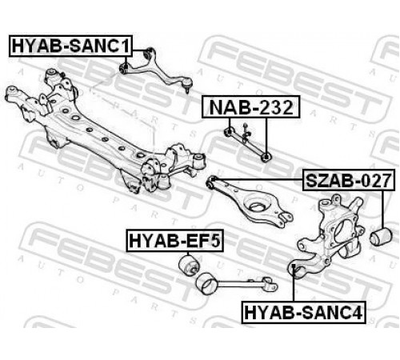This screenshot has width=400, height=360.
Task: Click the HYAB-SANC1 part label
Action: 70,46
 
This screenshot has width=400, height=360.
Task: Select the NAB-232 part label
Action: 251,107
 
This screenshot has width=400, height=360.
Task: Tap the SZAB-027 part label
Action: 349,180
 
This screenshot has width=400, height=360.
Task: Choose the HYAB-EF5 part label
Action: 174,240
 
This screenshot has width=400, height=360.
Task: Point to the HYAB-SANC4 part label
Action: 303,312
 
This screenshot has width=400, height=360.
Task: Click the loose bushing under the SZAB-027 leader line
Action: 382,236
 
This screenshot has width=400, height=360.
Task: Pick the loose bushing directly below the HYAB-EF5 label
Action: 189,264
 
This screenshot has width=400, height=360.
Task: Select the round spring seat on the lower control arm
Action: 258,205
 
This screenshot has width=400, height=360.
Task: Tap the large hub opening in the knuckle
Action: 342,230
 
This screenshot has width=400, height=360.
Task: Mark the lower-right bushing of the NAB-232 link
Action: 266,157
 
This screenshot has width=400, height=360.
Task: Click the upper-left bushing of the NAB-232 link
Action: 229,131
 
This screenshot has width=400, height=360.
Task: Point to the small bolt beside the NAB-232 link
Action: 246,131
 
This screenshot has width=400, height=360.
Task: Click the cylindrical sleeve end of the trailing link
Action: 206,284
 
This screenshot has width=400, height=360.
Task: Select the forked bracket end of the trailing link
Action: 270,285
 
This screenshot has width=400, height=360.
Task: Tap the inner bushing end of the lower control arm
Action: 212,182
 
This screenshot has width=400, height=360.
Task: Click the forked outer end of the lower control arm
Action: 286,216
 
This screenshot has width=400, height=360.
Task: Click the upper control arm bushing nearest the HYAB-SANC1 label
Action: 125,68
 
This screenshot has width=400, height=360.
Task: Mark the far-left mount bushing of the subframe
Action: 13,94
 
